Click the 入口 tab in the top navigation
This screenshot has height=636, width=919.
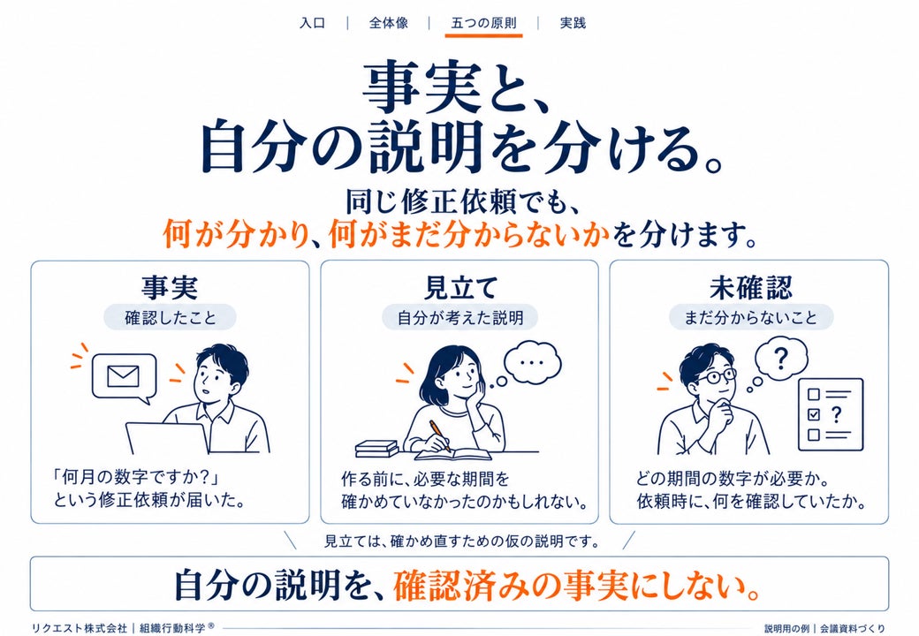click(x=312, y=23)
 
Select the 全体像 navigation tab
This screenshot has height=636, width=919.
click(x=388, y=23)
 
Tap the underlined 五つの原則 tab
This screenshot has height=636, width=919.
click(x=483, y=23)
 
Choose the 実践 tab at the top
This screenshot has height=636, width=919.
click(x=573, y=23)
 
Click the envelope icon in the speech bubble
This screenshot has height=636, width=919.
click(x=123, y=376)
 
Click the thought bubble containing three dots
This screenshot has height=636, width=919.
click(x=532, y=362)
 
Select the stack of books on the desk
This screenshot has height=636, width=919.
click(x=376, y=449)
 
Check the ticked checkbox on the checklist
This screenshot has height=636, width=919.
click(x=814, y=414)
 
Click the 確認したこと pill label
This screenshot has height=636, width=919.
click(x=170, y=318)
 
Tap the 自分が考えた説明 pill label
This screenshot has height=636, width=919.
click(x=460, y=318)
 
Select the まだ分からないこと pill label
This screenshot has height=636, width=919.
click(x=751, y=318)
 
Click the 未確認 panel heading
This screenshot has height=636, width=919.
click(x=751, y=288)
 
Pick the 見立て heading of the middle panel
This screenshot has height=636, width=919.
click(x=460, y=288)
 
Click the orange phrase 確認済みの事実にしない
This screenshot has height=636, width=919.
click(x=577, y=586)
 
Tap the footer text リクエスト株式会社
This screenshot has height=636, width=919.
click(x=80, y=628)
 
